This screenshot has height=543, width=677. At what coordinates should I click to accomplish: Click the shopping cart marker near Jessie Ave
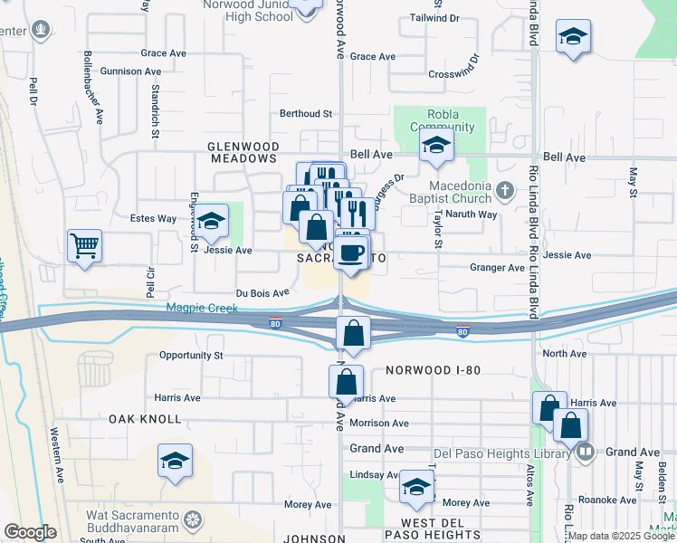pos(84,245)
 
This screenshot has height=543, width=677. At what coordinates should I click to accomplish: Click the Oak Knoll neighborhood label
pos(146,419)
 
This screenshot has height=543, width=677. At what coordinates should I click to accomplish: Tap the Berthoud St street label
pos(307,114)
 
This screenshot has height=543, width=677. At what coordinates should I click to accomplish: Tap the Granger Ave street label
pos(497,268)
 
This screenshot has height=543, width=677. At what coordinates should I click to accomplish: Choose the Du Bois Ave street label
pos(262,293)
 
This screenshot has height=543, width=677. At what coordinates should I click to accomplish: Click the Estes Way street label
pos(153,218)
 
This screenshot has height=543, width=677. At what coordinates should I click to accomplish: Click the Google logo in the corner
pos(30,532)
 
